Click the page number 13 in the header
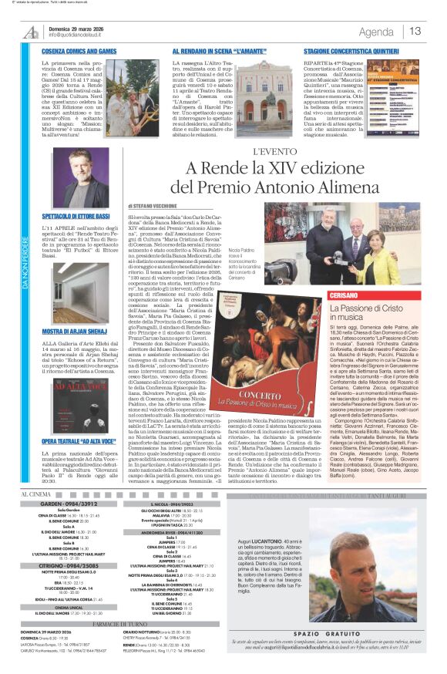[x=415, y=32]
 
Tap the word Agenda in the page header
[x=376, y=32]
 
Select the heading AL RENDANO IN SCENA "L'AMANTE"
[x=203, y=51]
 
